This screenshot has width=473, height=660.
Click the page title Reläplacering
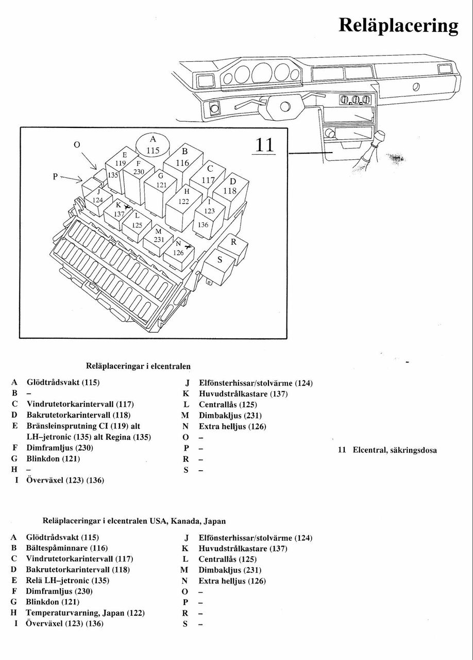pos(398,25)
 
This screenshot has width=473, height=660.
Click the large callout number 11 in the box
pos(264,145)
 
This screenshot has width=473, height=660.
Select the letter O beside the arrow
pos(77,145)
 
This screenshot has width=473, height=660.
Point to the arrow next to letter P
pos(72,178)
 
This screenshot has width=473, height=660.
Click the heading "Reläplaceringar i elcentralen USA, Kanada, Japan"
pos(134,521)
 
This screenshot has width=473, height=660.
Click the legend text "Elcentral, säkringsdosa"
pos(394,450)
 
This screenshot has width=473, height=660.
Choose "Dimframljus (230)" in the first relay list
pos(59,448)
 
